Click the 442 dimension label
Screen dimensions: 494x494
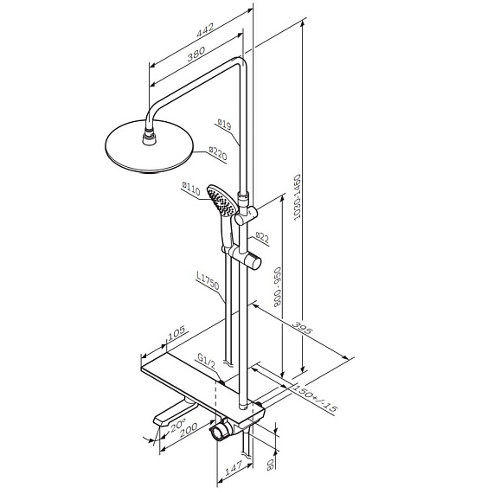pyautogui.click(x=205, y=30)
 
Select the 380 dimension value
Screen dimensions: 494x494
pyautogui.click(x=196, y=54)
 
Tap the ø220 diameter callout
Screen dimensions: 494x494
pyautogui.click(x=218, y=154)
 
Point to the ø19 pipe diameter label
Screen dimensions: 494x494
pyautogui.click(x=224, y=124)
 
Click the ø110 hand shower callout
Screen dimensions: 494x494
pyautogui.click(x=191, y=188)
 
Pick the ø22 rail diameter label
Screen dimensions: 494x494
pyautogui.click(x=262, y=237)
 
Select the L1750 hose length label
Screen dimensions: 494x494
pyautogui.click(x=208, y=280)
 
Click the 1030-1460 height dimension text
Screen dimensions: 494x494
pyautogui.click(x=297, y=197)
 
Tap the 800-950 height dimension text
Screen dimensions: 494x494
pyautogui.click(x=278, y=286)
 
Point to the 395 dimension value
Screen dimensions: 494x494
pyautogui.click(x=303, y=328)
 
